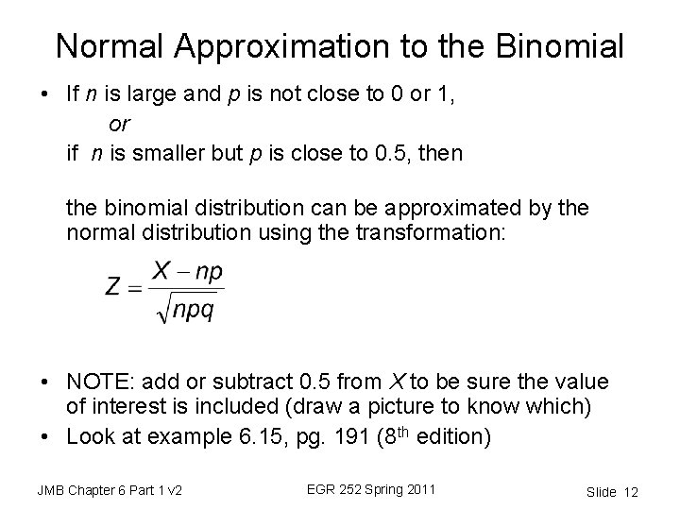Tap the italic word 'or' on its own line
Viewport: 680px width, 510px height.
(120, 123)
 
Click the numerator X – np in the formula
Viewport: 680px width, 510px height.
(188, 272)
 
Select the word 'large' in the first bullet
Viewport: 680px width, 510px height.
(164, 94)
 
